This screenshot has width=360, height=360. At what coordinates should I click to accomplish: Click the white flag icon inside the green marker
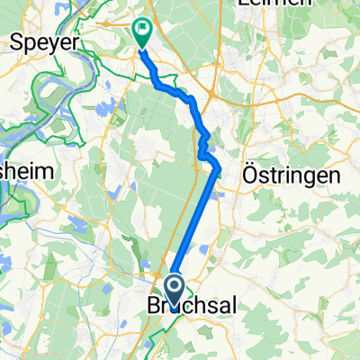pyautogui.click(x=143, y=30)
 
